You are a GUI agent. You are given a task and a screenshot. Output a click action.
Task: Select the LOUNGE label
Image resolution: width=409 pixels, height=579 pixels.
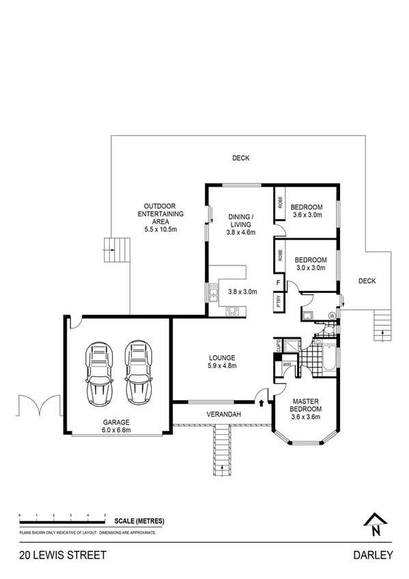pyautogui.click(x=222, y=357)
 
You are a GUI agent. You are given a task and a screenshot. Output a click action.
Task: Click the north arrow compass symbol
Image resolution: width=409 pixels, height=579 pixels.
pyautogui.click(x=374, y=522)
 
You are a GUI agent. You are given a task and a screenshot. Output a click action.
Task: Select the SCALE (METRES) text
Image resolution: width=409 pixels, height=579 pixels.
pyautogui.click(x=135, y=521)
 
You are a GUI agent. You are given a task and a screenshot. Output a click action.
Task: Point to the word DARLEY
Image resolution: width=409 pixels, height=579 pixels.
pyautogui.click(x=373, y=555)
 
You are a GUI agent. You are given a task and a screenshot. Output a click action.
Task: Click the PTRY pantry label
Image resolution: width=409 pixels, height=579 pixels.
pyautogui.click(x=279, y=302)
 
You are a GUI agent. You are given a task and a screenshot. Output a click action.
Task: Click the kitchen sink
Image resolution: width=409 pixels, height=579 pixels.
pyautogui.click(x=213, y=295)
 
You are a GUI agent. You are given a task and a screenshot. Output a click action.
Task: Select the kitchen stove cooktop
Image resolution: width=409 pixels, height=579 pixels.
pyautogui.click(x=232, y=312)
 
